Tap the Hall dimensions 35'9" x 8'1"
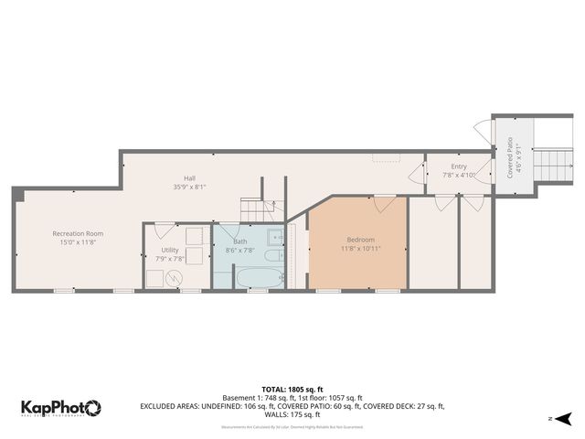point(189,187)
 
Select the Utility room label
point(170,249)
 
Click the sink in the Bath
point(278,237)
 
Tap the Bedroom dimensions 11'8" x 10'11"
point(360,248)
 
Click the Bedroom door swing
point(384,202)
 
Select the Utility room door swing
point(164,230)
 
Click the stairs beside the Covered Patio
point(551,165)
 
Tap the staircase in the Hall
point(253,210)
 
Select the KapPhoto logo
point(60,407)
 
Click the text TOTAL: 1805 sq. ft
point(292,388)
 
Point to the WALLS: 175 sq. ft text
point(292,415)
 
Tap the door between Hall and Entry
point(418,171)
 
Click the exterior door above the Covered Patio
point(482,131)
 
